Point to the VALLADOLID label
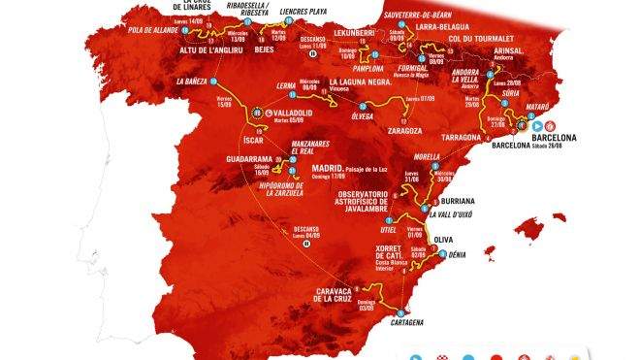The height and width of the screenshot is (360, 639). [289, 113]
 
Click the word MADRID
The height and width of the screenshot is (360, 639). [329, 167]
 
